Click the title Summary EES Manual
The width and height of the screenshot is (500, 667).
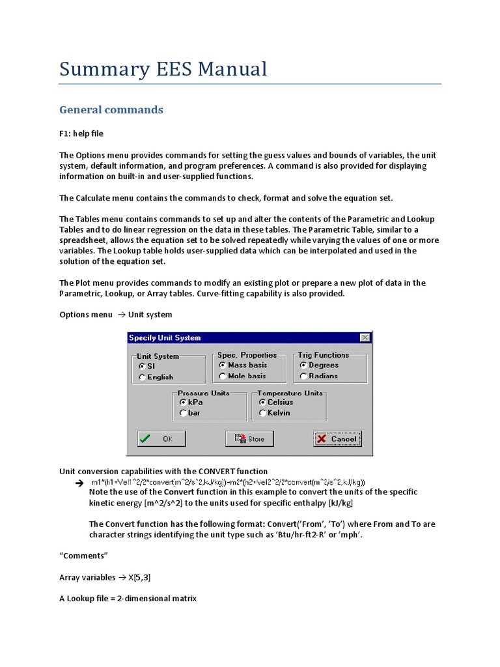click(163, 69)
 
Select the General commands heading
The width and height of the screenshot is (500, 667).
click(111, 109)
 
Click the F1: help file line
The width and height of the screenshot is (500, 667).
click(81, 134)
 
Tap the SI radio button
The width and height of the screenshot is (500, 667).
click(142, 367)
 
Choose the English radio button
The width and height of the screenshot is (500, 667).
click(142, 377)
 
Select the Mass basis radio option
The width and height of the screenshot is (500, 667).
click(223, 365)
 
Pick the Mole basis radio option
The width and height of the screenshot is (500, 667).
click(223, 376)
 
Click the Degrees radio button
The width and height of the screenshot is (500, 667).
click(303, 365)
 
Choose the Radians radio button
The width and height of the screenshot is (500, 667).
click(303, 376)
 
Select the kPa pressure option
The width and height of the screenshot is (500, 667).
click(183, 403)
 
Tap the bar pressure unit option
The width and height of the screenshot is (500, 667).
click(183, 413)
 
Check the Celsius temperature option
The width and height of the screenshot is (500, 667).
click(263, 403)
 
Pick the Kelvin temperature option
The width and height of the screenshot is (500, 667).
click(263, 413)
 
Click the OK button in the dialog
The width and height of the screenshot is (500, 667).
click(161, 439)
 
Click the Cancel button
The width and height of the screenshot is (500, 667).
click(337, 439)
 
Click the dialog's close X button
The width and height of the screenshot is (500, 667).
click(365, 337)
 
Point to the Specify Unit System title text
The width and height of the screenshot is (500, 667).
click(165, 337)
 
